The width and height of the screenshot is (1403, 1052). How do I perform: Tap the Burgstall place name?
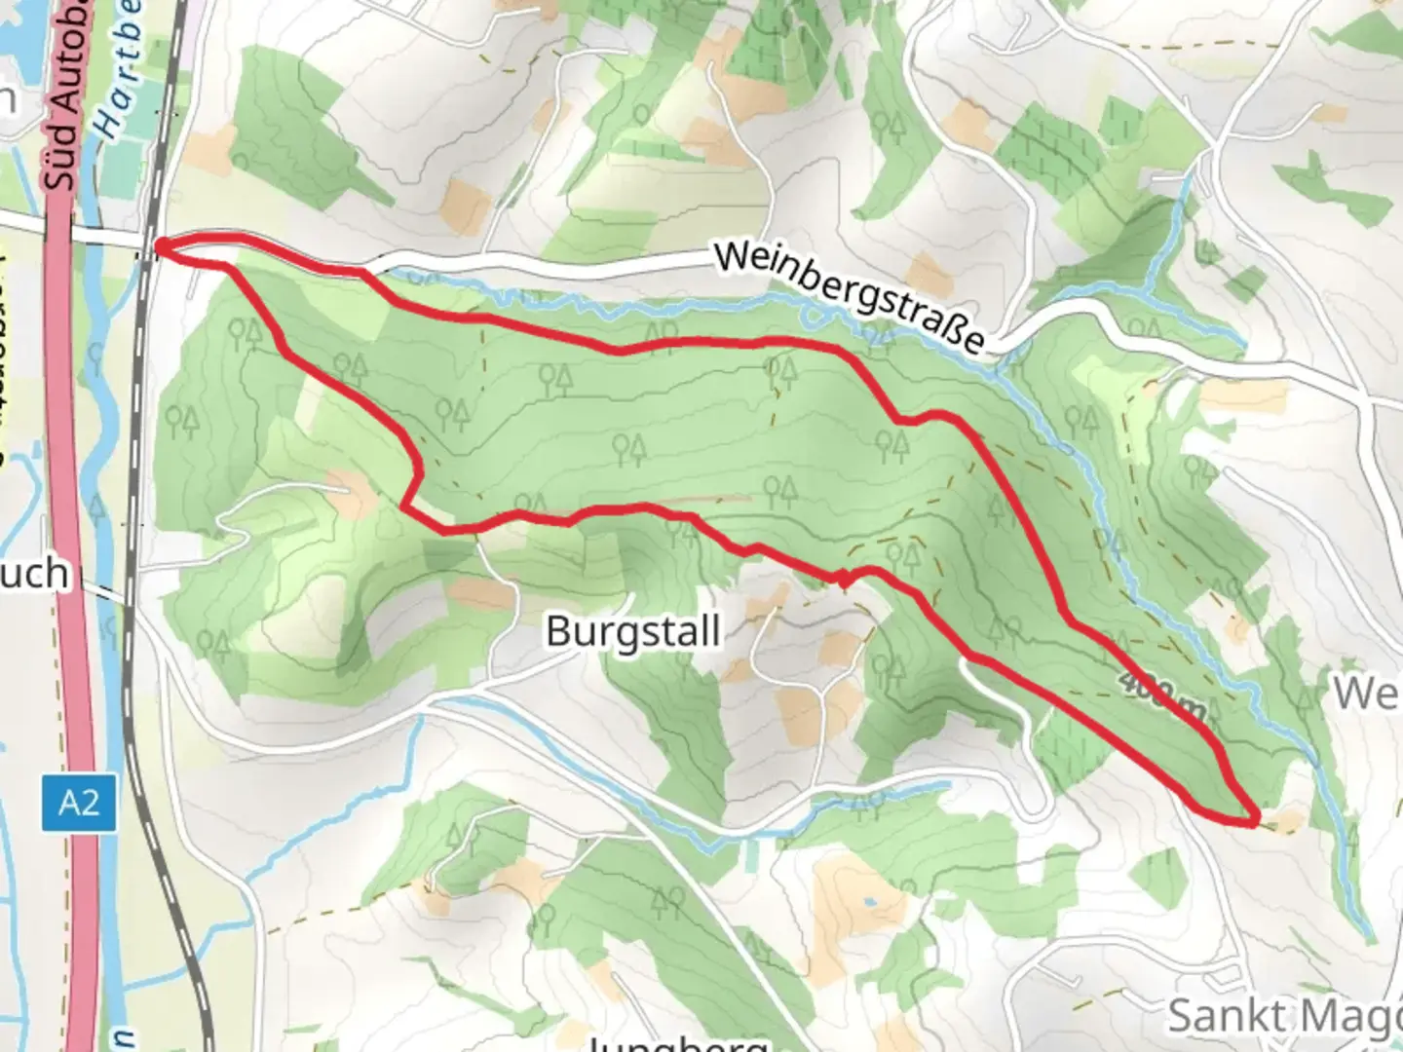633,631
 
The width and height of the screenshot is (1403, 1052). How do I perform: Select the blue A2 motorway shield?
79,804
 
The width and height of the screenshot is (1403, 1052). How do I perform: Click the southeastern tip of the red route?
1255,820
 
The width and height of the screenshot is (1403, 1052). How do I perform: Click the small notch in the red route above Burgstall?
844,582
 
